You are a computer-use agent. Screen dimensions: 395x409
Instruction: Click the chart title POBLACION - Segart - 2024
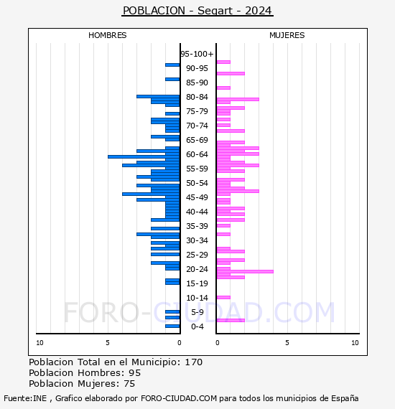coord(197,11)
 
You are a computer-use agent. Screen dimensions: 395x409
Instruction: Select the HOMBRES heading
coord(107,35)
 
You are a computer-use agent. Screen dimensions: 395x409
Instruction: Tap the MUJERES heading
coord(287,35)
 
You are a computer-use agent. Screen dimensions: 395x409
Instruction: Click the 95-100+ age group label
coord(197,54)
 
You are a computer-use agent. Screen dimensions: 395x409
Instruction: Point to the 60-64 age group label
coord(197,154)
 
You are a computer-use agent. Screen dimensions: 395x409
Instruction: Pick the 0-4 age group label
coord(197,326)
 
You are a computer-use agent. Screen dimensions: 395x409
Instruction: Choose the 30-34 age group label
coord(197,240)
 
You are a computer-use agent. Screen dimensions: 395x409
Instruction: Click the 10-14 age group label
coord(197,298)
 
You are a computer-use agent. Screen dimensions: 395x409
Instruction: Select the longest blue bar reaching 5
coord(144,156)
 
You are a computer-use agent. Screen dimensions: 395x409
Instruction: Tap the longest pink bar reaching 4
coord(245,271)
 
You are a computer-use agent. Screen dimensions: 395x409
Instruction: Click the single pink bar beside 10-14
coord(223,297)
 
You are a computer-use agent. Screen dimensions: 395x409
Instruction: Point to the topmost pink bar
coord(223,62)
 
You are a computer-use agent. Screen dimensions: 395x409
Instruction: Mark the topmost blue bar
coord(172,65)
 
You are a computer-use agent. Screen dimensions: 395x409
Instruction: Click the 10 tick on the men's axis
coord(39,343)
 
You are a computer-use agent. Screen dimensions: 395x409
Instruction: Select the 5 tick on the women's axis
coord(287,343)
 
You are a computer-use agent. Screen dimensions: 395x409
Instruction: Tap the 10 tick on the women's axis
coord(355,343)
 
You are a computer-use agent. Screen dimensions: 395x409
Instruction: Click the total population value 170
coord(194,362)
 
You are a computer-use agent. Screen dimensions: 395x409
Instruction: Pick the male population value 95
coord(135,373)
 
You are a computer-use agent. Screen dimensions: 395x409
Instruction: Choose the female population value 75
coord(129,384)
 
